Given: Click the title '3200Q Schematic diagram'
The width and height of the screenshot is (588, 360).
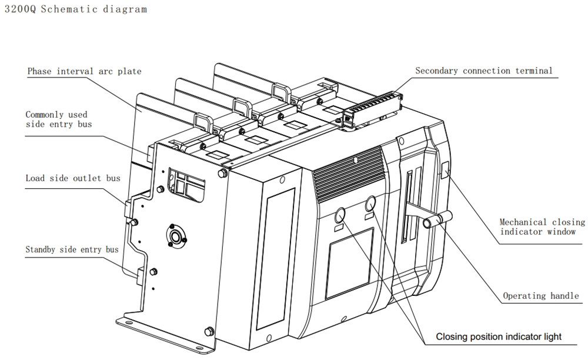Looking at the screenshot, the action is coord(75,9).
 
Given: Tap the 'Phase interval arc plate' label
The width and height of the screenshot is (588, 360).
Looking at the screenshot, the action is coord(84,71).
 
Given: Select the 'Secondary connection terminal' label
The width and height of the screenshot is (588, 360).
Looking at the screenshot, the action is coord(484,71).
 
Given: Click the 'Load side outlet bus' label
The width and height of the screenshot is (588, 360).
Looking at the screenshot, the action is coord(73,178).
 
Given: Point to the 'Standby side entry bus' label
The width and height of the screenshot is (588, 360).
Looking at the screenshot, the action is coord(72,249).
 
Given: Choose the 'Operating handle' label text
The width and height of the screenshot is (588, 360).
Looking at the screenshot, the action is coord(541,296).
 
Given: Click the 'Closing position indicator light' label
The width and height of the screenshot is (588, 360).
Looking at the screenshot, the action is coord(499,336).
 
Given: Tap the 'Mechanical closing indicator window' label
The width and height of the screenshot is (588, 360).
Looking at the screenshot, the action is coord(542,227).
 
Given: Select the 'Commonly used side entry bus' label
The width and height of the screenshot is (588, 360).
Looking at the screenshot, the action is coord(58,119).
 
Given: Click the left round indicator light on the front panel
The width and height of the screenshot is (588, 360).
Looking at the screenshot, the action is coord(340,216).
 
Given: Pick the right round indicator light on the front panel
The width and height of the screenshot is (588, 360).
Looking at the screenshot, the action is coord(370,204).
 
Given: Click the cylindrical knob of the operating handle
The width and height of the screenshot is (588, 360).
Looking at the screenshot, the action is coord(437,219).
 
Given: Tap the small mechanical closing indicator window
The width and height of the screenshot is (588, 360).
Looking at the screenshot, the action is coord(445,169).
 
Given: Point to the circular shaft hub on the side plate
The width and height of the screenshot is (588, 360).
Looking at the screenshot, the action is coord(175,236).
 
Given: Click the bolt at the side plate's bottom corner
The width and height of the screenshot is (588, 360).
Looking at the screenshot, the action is coord(209,332).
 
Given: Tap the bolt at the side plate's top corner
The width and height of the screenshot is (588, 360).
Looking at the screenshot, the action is coord(222,173).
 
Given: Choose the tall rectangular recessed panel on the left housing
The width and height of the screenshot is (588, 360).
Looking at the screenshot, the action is coord(275,259).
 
